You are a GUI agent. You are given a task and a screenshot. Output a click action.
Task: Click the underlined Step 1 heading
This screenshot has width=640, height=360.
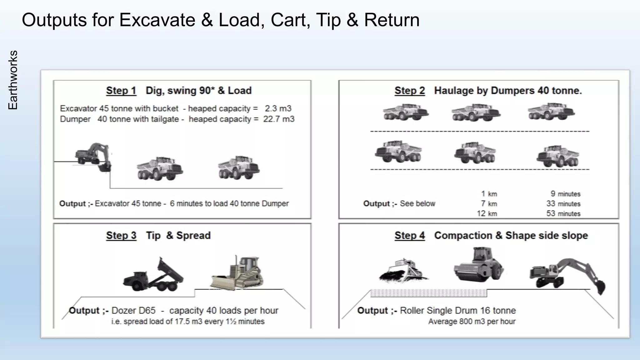coord(121,91)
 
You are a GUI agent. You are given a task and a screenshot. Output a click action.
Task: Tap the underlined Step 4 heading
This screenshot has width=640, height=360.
coord(409,235)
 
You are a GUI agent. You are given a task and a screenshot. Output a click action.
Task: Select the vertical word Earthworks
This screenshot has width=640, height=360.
coord(13,80)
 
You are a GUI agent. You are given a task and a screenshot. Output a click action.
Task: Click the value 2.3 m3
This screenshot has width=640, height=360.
coord(278,108)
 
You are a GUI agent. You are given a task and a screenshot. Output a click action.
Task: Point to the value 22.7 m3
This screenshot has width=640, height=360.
coord(278,119)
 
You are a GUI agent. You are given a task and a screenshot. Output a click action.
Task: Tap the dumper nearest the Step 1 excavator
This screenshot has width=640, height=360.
coord(160,168)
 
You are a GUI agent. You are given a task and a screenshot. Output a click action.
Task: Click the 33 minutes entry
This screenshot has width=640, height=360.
coord(563,204)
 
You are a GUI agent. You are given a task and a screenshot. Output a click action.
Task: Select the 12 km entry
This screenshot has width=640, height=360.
coord(487,214)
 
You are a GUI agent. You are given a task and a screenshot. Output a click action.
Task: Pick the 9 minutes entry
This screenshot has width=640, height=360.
coord(565,194)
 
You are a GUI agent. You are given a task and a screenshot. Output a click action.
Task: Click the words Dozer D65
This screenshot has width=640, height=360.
coord(133,311)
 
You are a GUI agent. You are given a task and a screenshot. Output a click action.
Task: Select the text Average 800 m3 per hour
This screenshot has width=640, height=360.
coord(472,322)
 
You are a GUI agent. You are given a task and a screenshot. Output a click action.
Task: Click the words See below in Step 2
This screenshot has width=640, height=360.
coord(417,204)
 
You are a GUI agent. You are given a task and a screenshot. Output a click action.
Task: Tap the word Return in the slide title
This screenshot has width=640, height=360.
coord(392,20)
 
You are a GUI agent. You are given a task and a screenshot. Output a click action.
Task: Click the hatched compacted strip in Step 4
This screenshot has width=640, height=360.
coord(428,293)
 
